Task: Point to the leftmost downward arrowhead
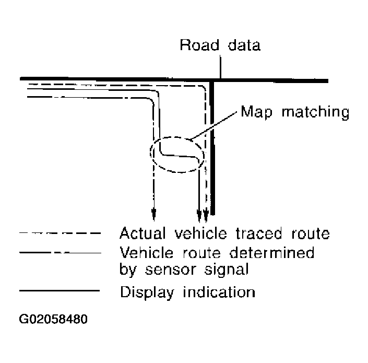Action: click(x=153, y=213)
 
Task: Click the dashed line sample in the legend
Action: click(x=58, y=233)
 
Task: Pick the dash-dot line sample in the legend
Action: click(x=58, y=253)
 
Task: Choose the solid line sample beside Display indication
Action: click(x=58, y=290)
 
